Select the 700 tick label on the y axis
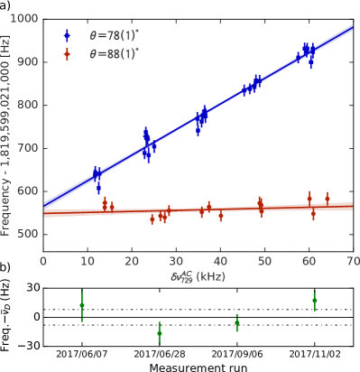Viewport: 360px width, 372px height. (x=27, y=148)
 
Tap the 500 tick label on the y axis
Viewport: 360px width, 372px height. (x=27, y=235)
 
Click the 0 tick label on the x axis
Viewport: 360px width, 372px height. (x=43, y=262)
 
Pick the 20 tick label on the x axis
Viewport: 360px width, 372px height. (x=132, y=262)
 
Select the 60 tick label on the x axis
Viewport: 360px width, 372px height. (x=309, y=262)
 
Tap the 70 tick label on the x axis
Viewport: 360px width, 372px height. (x=352, y=262)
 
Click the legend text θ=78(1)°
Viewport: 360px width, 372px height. (x=114, y=36)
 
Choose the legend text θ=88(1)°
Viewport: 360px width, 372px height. (x=114, y=54)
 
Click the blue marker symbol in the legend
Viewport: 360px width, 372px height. (x=68, y=36)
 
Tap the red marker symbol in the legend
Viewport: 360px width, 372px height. (x=68, y=54)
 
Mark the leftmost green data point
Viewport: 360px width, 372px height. (x=82, y=305)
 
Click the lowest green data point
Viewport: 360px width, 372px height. (x=160, y=333)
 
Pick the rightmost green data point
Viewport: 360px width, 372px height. (x=314, y=300)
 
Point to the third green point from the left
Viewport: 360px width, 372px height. (x=236, y=321)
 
